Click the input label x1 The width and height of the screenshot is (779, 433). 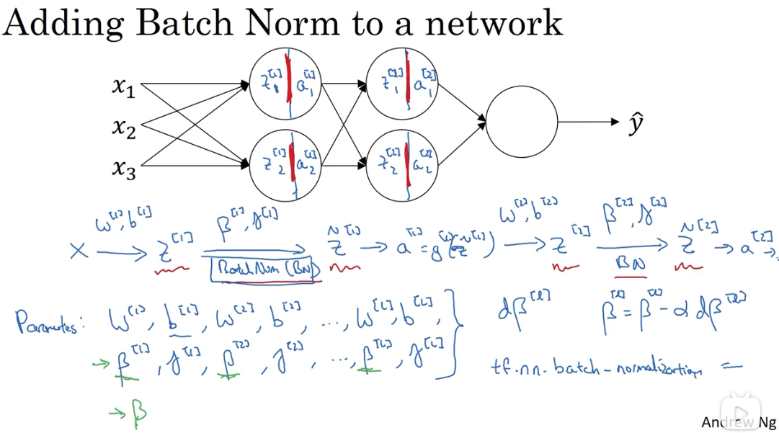(x=123, y=87)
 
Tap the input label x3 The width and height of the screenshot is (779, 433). (x=123, y=169)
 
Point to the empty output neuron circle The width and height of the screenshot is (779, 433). (x=522, y=122)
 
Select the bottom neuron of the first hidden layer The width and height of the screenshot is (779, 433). (x=285, y=165)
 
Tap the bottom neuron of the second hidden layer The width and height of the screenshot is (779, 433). (x=402, y=165)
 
